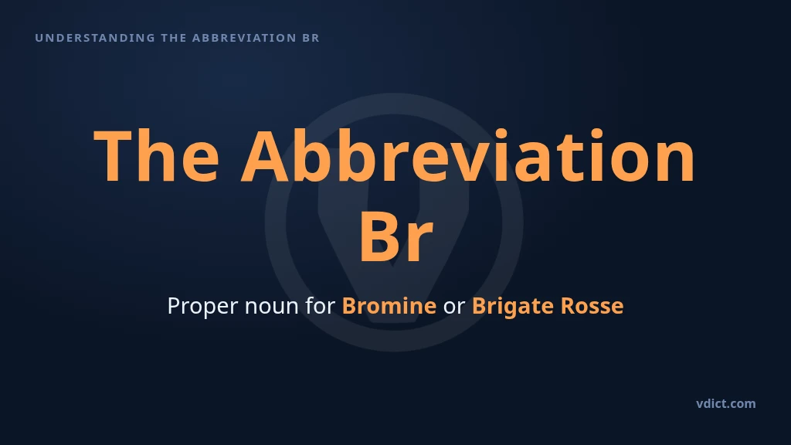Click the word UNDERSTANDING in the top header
95,38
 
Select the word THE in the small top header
174,38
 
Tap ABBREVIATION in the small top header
244,38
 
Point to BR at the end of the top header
311,38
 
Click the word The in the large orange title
156,155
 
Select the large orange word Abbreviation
469,155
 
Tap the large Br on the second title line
396,236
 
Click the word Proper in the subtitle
202,306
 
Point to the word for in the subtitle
321,306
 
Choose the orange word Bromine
389,306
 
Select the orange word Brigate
513,307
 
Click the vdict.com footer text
726,403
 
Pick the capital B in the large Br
379,236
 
